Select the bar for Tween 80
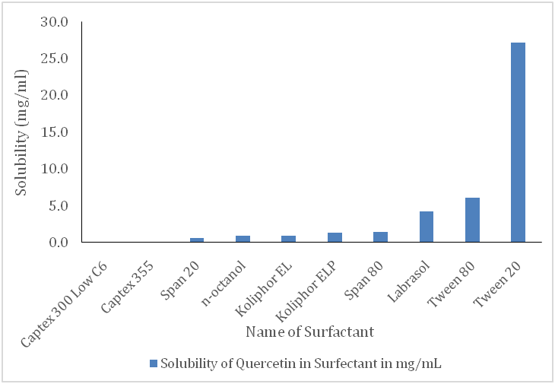(472, 220)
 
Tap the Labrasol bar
(427, 227)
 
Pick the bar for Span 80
(381, 237)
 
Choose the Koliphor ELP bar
(335, 237)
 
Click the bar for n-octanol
(243, 239)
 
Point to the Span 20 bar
(198, 240)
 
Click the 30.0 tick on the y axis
(55, 22)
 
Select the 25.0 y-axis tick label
(55, 59)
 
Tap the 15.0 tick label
(55, 132)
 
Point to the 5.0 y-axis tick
(59, 206)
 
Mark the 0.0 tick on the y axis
(59, 243)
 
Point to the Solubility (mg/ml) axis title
(22, 132)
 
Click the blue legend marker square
(154, 363)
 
